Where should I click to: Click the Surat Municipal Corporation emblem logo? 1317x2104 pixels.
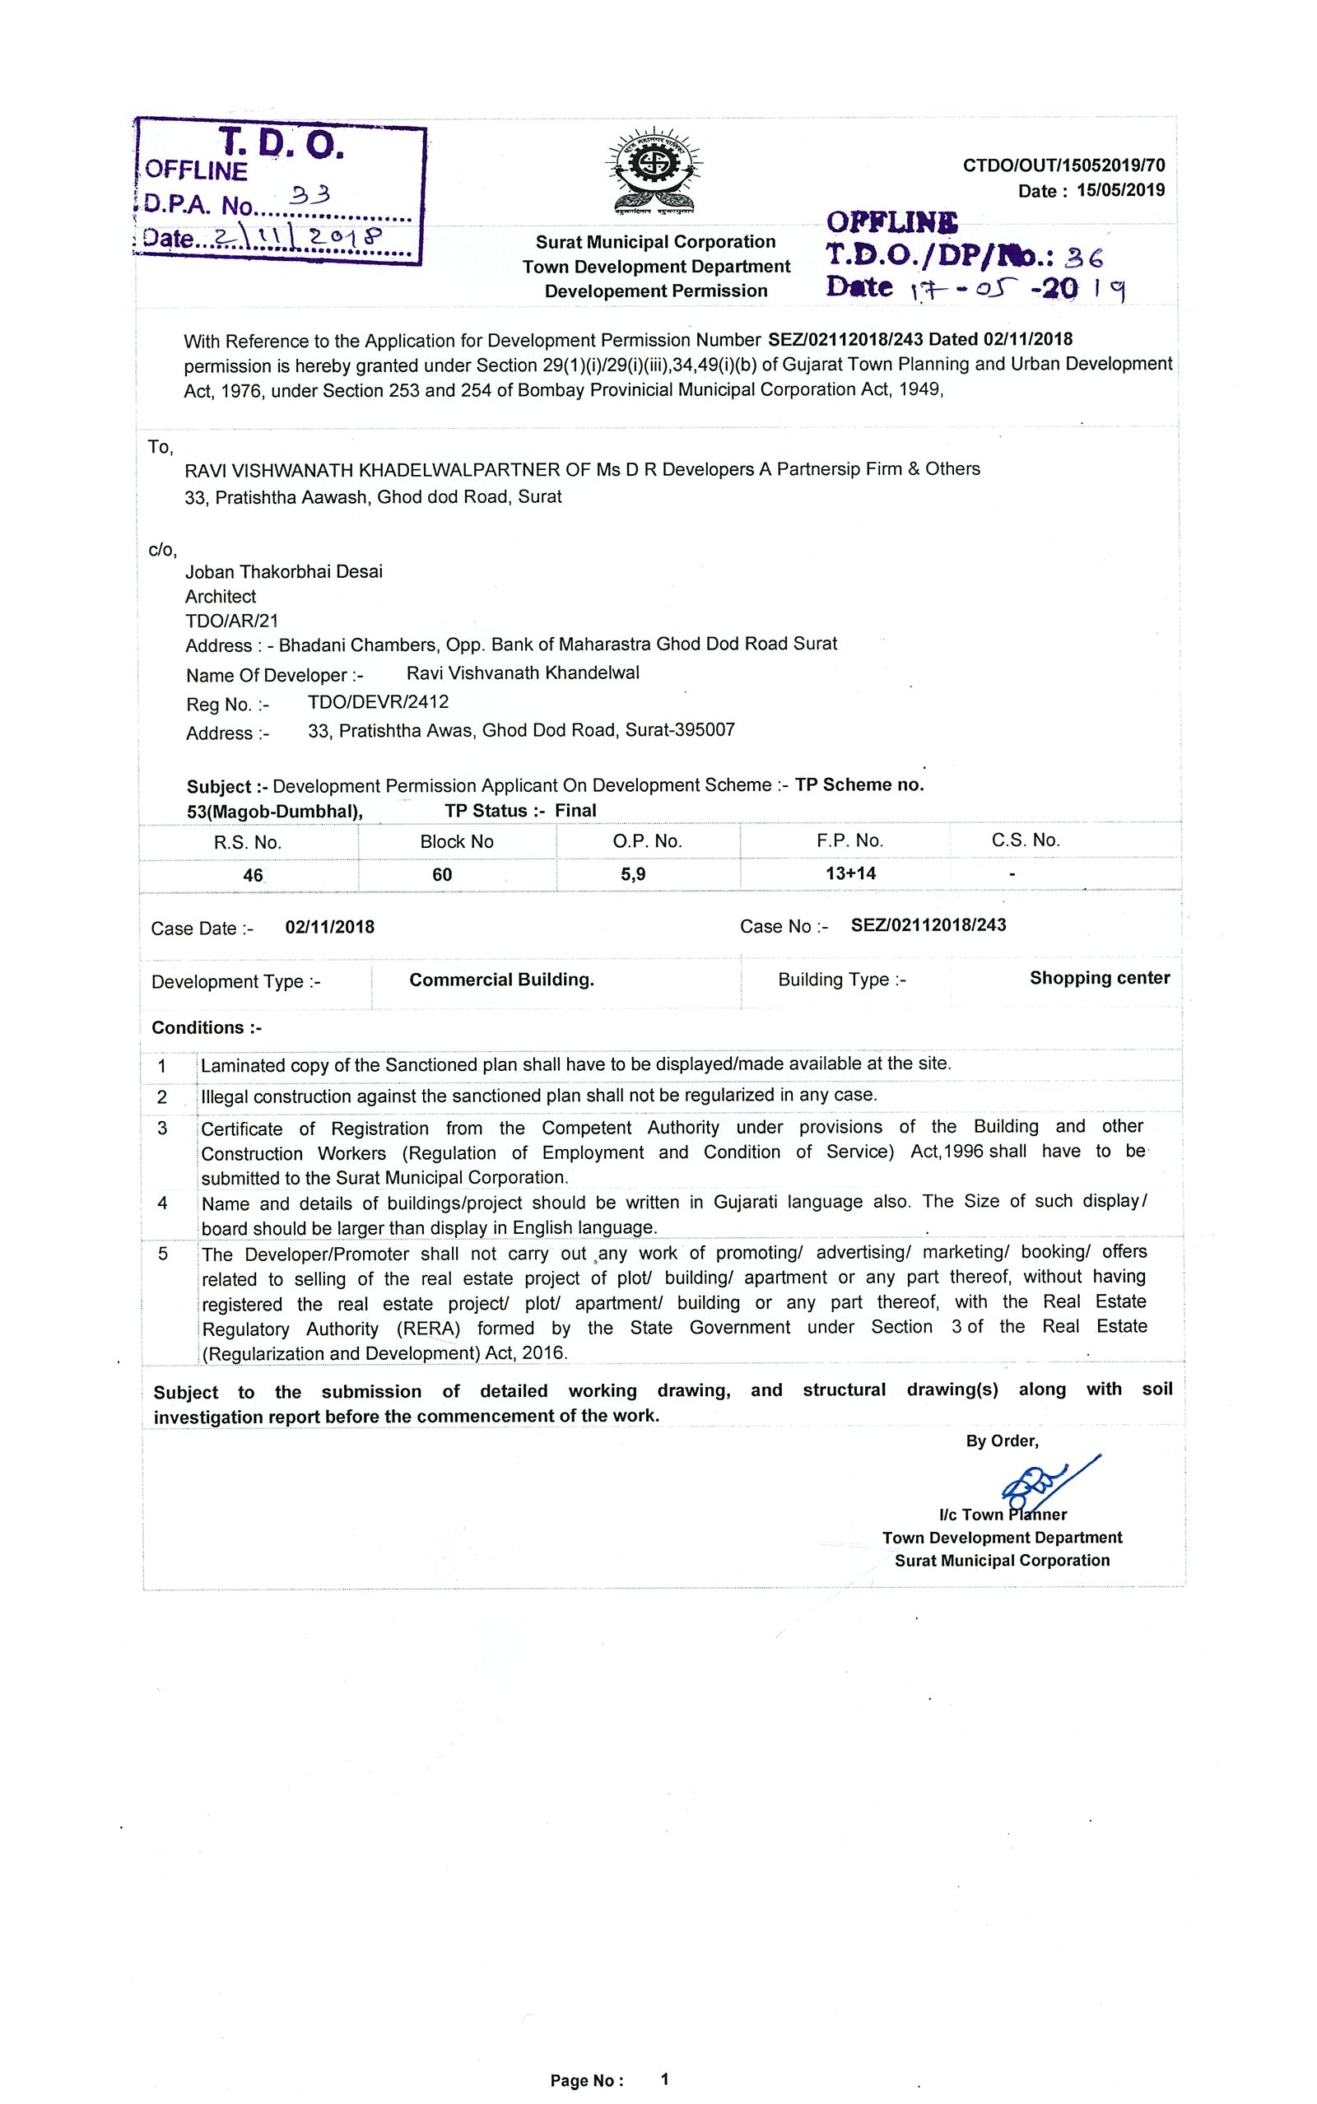coord(655,170)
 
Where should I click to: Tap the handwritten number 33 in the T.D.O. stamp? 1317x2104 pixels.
coord(310,196)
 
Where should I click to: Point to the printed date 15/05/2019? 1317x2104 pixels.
coord(1120,190)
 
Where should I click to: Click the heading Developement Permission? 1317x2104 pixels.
coord(656,291)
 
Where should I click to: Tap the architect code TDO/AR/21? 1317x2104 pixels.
coord(231,621)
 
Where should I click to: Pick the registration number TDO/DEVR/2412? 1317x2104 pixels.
coord(378,702)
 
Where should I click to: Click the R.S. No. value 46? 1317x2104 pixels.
coord(253,875)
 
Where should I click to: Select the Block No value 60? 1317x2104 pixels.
coord(443,874)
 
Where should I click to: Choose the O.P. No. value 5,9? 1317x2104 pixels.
coord(633,873)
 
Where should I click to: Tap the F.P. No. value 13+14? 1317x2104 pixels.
coord(851,873)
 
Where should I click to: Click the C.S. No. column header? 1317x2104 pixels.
coord(1026,840)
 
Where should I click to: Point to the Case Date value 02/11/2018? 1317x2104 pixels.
coord(329,927)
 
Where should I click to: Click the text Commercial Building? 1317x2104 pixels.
coord(502,980)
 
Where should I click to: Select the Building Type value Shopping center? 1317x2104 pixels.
coord(1099,978)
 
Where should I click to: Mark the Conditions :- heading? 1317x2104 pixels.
coord(207,1027)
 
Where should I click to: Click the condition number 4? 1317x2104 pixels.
coord(162,1203)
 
